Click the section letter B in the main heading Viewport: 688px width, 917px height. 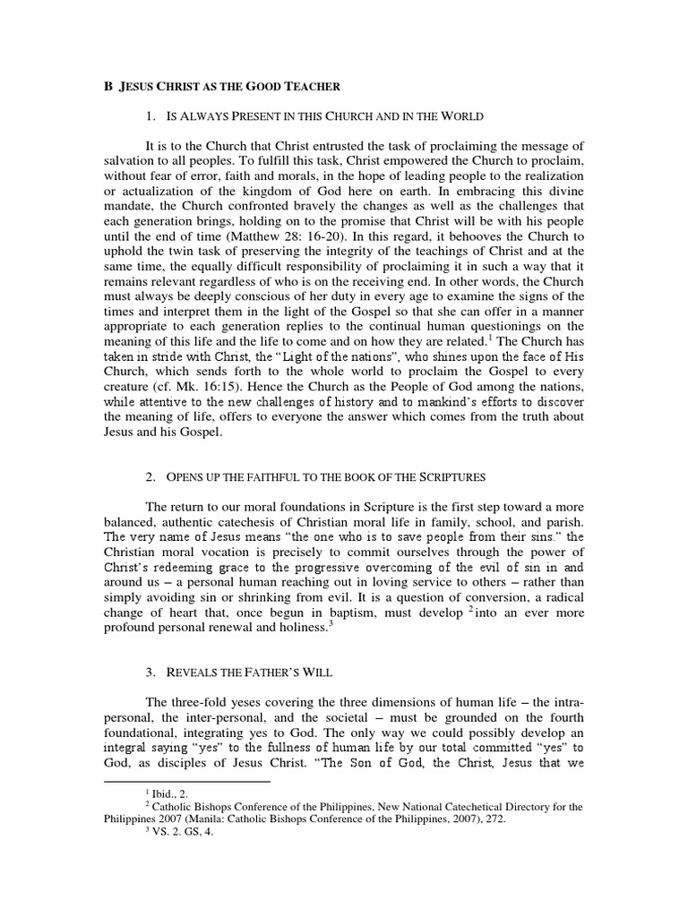104,84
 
